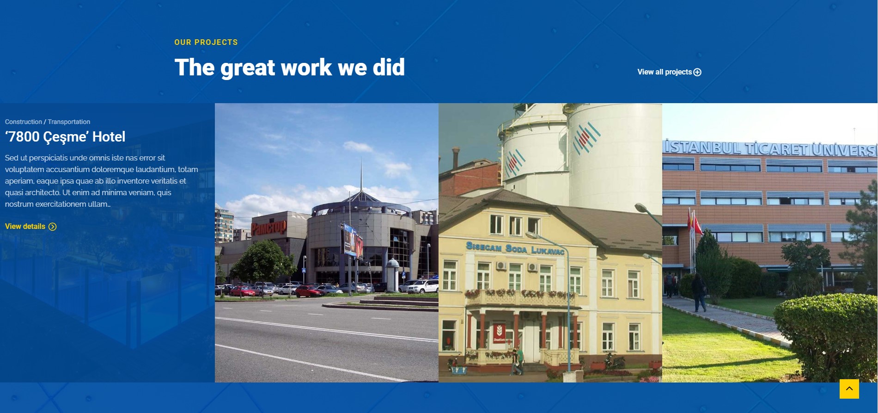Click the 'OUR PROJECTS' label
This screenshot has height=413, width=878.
206,42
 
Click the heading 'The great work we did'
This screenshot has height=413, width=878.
290,68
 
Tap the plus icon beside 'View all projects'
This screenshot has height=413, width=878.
697,72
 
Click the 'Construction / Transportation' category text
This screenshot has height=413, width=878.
48,122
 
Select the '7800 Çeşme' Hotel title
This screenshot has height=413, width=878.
65,137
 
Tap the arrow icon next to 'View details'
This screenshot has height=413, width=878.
53,227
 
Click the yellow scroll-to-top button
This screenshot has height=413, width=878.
849,389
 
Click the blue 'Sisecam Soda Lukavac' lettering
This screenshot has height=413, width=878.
515,248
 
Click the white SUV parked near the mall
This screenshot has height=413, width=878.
422,286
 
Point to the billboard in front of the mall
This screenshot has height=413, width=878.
352,240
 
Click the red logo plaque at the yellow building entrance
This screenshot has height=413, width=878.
499,333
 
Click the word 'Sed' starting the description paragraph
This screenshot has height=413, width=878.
12,158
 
